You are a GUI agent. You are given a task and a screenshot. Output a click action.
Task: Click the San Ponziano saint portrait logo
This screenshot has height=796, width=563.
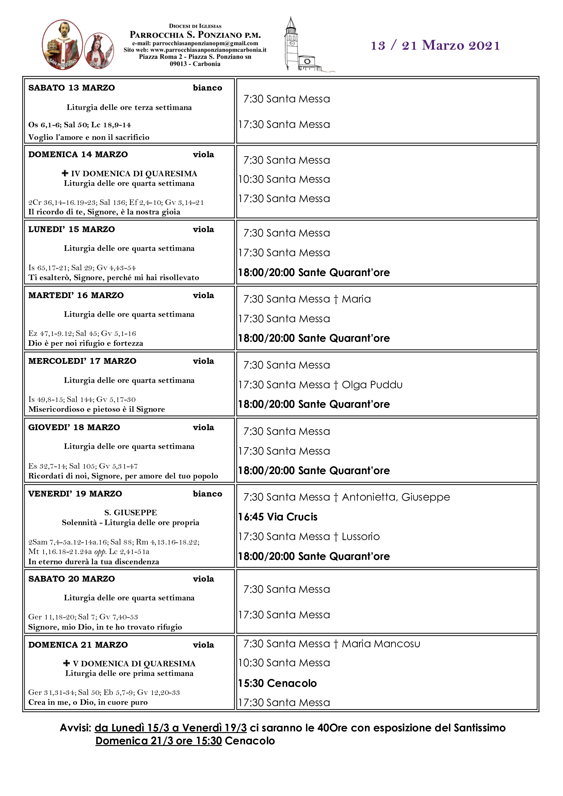click(x=62, y=44)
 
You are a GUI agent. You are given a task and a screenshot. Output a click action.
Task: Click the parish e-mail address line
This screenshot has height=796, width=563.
click(x=195, y=43)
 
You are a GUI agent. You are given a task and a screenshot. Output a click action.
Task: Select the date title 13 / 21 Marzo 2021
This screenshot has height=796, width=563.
click(x=435, y=45)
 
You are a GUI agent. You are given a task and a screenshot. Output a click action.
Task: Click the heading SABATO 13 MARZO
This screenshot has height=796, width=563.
click(x=71, y=88)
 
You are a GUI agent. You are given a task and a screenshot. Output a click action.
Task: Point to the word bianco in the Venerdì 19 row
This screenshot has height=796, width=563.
click(x=207, y=494)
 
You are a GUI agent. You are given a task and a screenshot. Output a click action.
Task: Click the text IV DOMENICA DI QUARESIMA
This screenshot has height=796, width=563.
click(x=134, y=173)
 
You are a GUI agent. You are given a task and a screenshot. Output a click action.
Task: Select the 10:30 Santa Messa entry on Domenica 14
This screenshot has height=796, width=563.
click(x=284, y=179)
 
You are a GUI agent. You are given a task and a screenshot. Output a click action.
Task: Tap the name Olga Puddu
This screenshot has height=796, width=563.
click(x=372, y=385)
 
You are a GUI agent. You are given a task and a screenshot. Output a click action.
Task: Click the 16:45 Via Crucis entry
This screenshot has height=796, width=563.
click(x=278, y=517)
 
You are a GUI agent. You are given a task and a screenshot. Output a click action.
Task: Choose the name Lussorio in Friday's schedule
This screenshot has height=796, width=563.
click(x=360, y=537)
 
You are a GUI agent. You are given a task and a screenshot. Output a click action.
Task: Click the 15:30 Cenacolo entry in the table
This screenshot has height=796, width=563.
click(x=277, y=683)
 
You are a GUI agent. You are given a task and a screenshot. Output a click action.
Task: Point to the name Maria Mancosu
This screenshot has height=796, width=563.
click(x=381, y=644)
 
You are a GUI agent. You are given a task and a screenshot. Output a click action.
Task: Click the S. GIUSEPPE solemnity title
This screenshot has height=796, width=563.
click(x=131, y=513)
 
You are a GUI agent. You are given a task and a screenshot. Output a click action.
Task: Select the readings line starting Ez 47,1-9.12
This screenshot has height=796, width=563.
click(x=82, y=334)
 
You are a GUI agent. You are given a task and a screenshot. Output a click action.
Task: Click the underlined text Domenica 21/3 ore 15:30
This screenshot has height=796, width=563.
click(x=158, y=741)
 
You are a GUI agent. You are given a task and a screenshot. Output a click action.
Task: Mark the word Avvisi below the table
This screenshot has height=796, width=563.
click(x=75, y=728)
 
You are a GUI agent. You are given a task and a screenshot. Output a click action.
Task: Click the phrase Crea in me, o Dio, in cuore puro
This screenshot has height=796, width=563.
click(x=88, y=702)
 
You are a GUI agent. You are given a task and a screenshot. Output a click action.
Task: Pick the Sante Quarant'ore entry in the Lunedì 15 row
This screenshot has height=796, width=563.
click(x=314, y=273)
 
